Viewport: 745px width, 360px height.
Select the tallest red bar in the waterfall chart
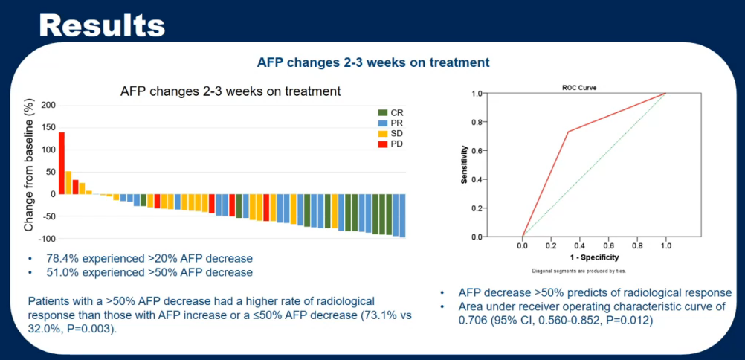point(62,163)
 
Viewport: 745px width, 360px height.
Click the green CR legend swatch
point(382,112)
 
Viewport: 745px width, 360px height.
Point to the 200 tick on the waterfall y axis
point(48,105)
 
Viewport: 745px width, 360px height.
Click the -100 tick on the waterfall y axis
point(46,239)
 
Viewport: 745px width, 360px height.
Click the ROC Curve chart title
point(580,87)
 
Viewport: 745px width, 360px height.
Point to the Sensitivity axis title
point(465,164)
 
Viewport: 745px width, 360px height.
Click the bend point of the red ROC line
point(569,132)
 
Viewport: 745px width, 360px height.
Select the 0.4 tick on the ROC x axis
point(580,245)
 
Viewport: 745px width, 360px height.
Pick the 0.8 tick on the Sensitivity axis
point(477,122)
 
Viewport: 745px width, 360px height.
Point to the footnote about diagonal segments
point(580,270)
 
